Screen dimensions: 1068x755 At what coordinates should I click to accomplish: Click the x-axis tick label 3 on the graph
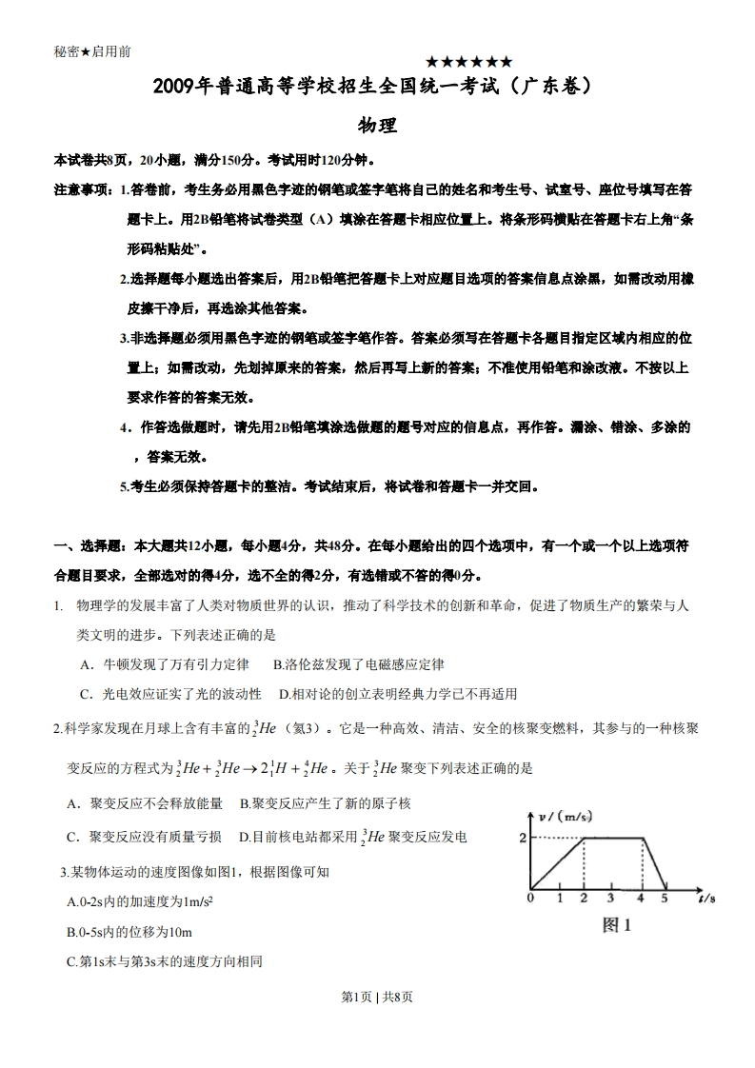(609, 899)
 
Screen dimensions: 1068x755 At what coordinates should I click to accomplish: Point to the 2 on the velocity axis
(523, 838)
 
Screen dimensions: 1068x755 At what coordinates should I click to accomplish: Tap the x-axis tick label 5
(664, 899)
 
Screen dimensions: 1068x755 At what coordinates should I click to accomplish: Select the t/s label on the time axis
(705, 898)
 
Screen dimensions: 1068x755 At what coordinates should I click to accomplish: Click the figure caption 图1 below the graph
(617, 925)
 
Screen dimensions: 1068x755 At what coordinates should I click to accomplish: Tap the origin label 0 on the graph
(530, 899)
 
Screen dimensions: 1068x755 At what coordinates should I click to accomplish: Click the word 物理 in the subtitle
(377, 126)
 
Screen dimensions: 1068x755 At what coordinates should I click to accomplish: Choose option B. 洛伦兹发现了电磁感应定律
(358, 664)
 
